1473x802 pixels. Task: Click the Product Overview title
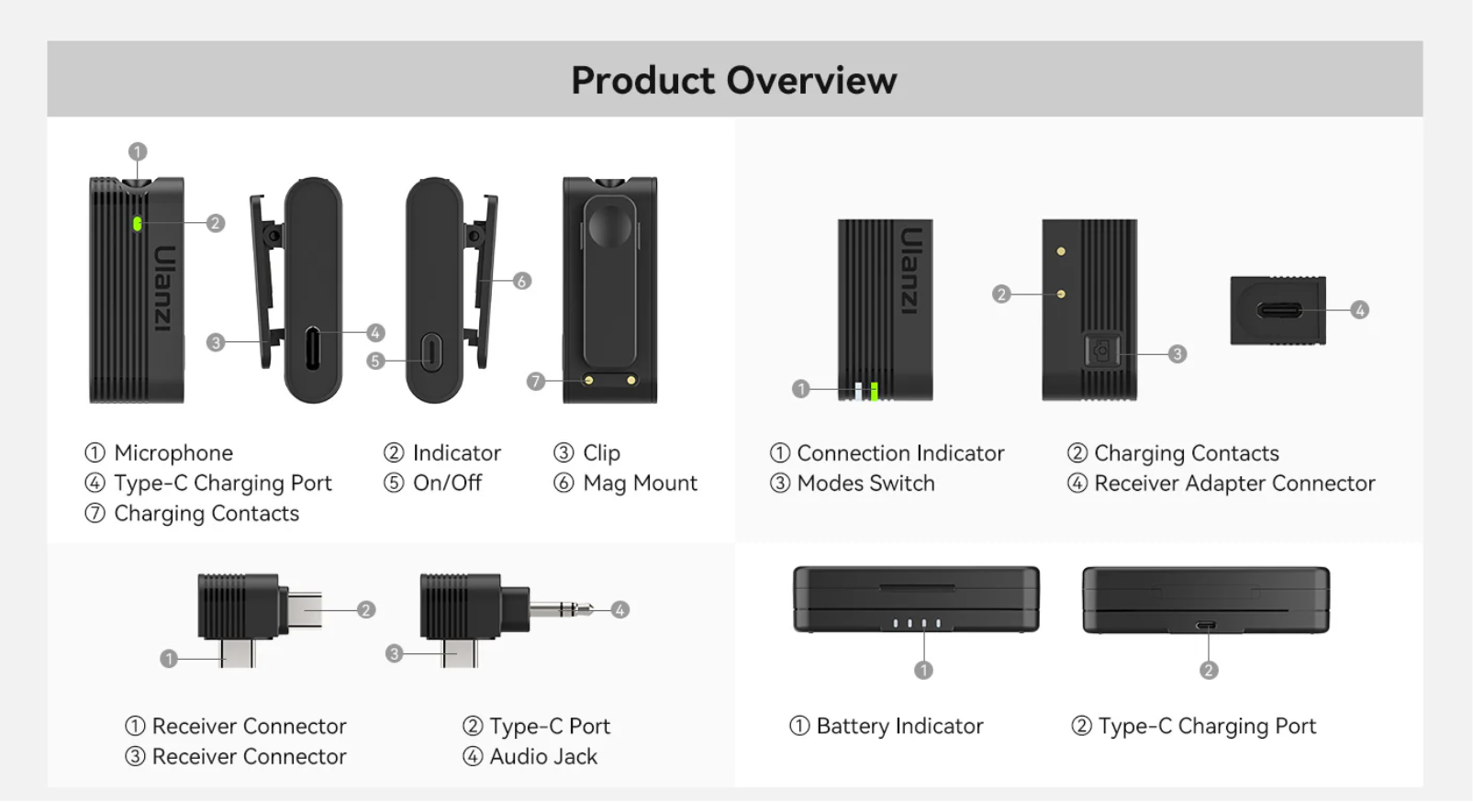click(x=734, y=80)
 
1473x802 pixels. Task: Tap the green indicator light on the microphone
click(x=137, y=224)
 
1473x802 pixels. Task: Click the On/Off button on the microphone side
click(x=431, y=353)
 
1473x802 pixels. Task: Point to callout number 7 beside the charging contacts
click(x=536, y=382)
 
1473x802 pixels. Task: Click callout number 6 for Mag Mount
click(x=522, y=282)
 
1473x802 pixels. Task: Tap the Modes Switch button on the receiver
click(x=1102, y=351)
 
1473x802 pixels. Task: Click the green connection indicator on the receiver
click(x=874, y=391)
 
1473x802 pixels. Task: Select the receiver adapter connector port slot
click(x=1279, y=310)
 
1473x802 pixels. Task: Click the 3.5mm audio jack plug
click(x=561, y=609)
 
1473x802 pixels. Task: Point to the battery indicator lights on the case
click(x=916, y=622)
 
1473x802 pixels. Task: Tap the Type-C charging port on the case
click(x=1205, y=625)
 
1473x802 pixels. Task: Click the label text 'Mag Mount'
click(x=640, y=484)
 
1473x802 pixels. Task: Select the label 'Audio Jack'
click(x=543, y=757)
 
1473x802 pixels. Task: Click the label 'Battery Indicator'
click(x=899, y=727)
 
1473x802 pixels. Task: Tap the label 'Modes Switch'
click(x=865, y=484)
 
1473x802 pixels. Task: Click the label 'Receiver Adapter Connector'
click(x=1234, y=484)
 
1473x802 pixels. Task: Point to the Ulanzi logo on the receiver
click(x=909, y=271)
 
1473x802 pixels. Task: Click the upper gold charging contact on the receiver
click(x=1061, y=251)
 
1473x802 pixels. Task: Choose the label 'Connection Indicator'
click(x=900, y=453)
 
